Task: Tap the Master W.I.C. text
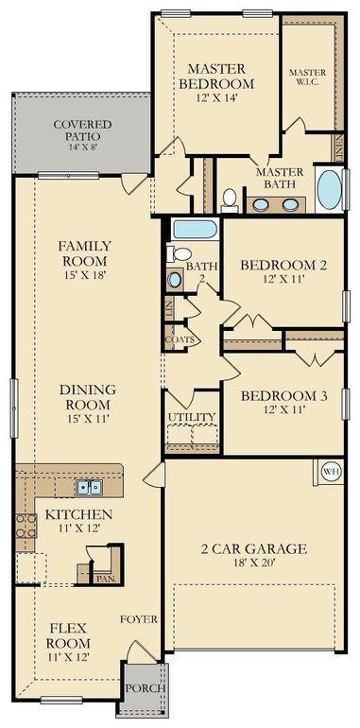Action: point(307,78)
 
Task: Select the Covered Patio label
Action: point(82,130)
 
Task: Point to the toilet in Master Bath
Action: point(229,199)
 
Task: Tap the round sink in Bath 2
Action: point(175,279)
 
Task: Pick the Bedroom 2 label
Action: point(283,266)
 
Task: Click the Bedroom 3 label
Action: point(283,396)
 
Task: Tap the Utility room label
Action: point(192,417)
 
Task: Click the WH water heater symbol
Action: point(331,471)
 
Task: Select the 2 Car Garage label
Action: point(253,549)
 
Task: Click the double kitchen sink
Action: point(90,487)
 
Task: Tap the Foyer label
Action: point(139,619)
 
